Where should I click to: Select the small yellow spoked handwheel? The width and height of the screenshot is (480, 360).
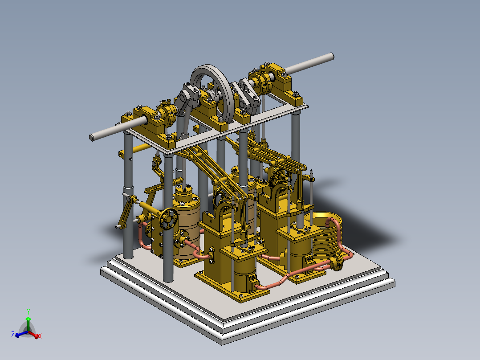(169, 218)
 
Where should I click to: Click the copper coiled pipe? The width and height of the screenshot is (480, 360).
(327, 236)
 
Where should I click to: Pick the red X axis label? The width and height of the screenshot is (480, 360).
(40, 336)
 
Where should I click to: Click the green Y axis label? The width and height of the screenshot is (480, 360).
(28, 311)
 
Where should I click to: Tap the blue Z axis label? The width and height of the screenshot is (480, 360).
(13, 334)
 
